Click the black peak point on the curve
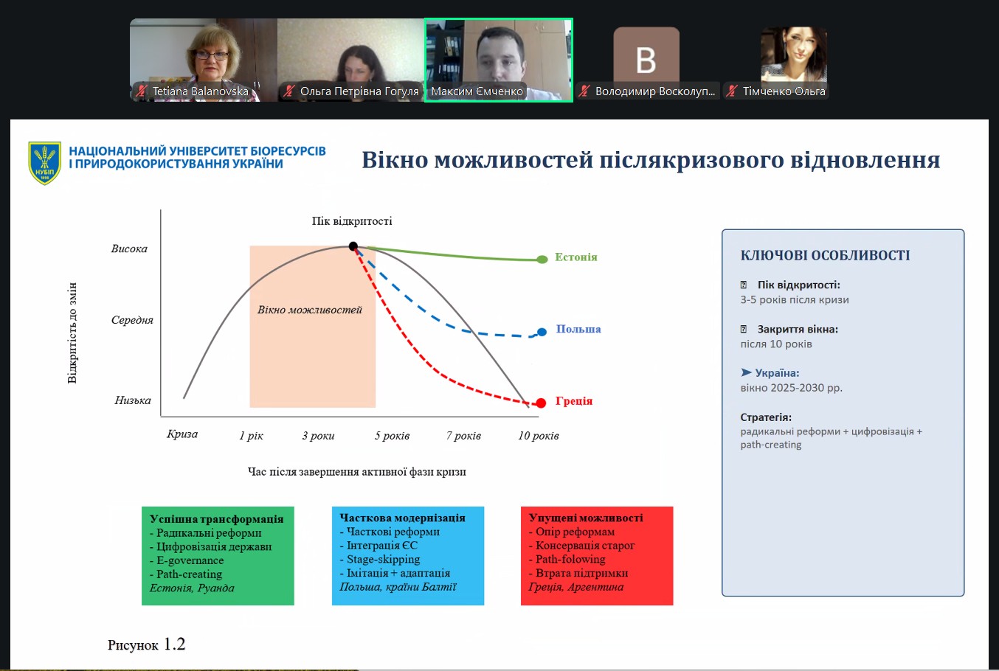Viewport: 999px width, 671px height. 353,246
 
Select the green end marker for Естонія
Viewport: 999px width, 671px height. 542,260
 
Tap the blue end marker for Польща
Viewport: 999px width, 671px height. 542,332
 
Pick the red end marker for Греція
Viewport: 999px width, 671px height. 541,403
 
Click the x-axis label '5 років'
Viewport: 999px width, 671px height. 392,436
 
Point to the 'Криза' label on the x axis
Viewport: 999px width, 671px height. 182,434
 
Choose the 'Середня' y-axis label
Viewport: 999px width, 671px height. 132,320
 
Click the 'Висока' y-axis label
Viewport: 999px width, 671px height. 129,248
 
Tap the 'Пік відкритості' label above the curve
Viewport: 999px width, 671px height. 352,221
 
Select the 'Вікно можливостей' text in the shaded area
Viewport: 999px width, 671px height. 309,310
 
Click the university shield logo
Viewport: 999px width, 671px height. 44,163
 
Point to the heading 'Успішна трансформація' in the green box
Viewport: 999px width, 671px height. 217,519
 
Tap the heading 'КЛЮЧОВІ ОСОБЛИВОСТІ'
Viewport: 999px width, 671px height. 825,255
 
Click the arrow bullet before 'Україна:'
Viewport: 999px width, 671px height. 746,372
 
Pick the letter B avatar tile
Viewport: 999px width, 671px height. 646,60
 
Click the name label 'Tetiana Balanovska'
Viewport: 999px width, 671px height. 200,91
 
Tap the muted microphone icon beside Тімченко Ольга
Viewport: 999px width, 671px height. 731,91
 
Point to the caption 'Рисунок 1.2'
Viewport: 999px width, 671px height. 146,644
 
